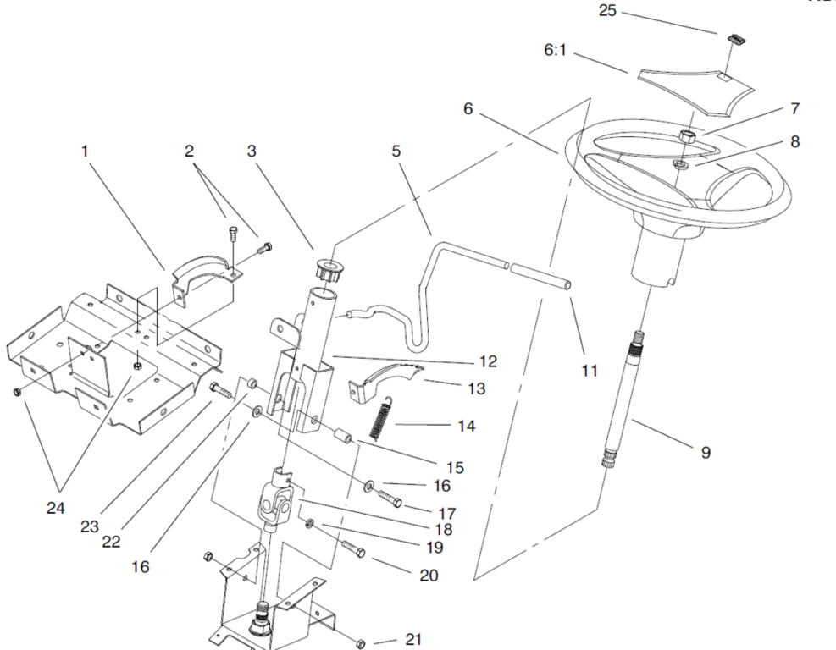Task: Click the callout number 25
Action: click(607, 10)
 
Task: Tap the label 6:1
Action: click(555, 50)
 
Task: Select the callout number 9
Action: click(706, 452)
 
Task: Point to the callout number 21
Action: click(413, 639)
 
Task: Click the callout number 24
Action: click(55, 508)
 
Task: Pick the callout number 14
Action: click(467, 426)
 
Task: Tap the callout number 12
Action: click(488, 361)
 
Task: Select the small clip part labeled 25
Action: click(736, 40)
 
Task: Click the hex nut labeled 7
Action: click(688, 136)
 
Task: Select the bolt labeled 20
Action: click(352, 548)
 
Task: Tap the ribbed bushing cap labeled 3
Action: click(327, 270)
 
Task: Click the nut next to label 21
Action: click(360, 643)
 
